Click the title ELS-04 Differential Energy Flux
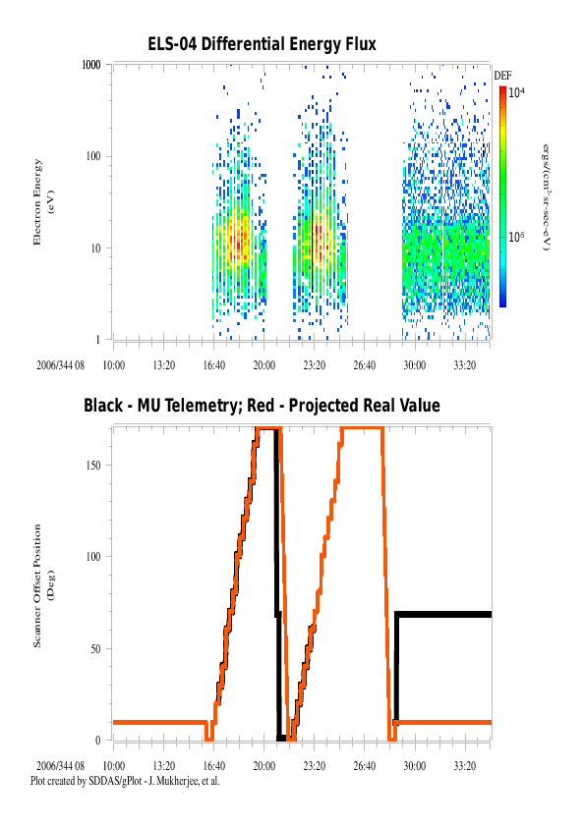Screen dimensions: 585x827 [x=262, y=44]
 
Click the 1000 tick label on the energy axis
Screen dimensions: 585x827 [x=90, y=65]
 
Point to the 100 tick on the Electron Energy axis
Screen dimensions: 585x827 [x=93, y=156]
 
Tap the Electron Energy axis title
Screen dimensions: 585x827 [x=44, y=202]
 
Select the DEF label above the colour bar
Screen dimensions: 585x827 [x=502, y=76]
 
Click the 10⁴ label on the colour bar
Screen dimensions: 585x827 [x=516, y=93]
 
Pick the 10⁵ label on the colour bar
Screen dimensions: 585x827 [x=516, y=237]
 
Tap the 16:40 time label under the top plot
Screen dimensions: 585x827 [x=213, y=365]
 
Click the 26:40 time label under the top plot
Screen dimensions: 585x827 [x=365, y=365]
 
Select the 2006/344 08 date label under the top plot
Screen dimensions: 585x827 [x=60, y=365]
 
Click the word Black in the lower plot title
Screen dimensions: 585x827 [x=103, y=406]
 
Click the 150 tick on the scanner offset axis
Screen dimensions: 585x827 [x=93, y=466]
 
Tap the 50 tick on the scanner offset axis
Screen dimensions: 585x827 [x=95, y=649]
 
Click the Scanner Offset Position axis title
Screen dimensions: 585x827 [x=44, y=585]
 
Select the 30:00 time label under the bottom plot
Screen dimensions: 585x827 [x=415, y=766]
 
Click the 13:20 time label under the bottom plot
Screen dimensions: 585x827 [x=163, y=766]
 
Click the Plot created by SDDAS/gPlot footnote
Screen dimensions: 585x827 [x=125, y=781]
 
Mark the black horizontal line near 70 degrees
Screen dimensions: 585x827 [x=443, y=615]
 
